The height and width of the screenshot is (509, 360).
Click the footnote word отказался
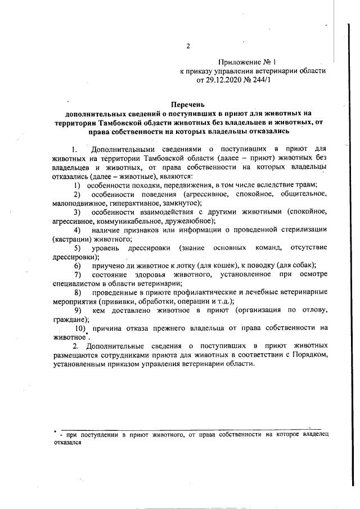(68, 443)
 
